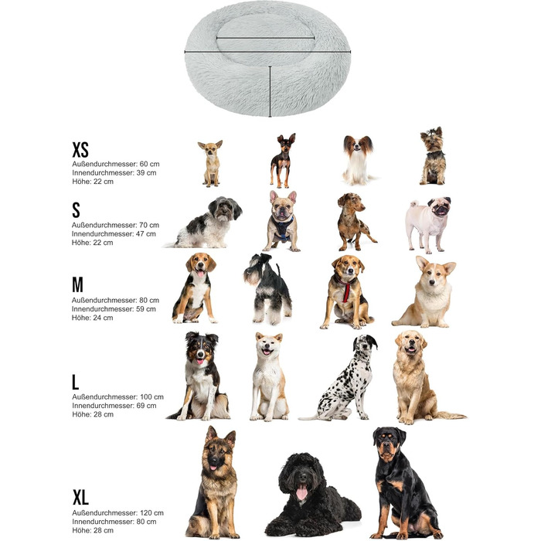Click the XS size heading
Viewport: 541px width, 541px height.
click(x=80, y=149)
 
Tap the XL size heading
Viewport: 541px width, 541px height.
click(x=80, y=497)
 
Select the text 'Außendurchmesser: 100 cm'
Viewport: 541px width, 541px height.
click(x=117, y=396)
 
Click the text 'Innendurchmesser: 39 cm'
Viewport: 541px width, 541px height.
click(x=114, y=172)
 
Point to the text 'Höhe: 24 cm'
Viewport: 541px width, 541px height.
click(x=93, y=318)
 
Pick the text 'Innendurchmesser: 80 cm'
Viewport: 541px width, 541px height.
click(x=114, y=522)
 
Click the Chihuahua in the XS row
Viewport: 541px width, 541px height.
click(x=210, y=164)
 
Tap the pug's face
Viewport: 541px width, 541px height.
click(x=440, y=206)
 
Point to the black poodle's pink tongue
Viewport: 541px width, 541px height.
click(x=301, y=492)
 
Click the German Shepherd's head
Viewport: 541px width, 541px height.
click(x=219, y=448)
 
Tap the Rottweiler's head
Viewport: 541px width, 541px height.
click(x=389, y=444)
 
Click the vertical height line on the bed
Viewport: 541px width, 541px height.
click(x=270, y=91)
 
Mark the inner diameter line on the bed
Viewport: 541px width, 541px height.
click(x=265, y=38)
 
